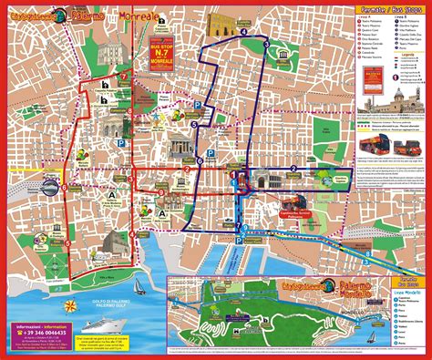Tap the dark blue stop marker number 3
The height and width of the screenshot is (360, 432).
tap(266, 44)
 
